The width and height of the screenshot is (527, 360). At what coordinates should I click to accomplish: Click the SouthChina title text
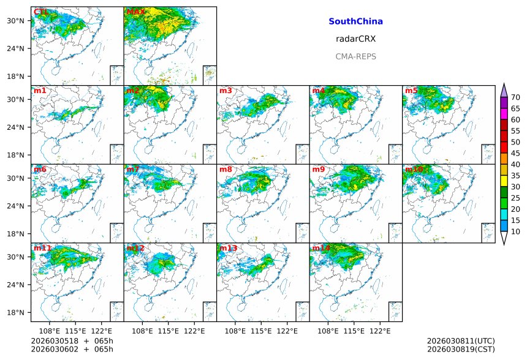click(355, 21)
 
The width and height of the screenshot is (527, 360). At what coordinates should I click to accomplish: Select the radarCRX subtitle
click(355, 39)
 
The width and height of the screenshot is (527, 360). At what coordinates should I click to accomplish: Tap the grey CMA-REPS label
click(355, 56)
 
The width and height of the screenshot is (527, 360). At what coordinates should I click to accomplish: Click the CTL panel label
click(40, 12)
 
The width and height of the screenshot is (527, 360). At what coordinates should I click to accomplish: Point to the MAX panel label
click(135, 12)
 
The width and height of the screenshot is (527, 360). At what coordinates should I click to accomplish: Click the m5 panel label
click(411, 91)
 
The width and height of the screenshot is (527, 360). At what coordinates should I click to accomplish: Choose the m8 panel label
click(226, 169)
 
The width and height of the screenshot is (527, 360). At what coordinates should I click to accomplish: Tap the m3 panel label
click(226, 91)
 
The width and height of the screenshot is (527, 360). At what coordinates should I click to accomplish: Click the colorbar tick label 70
click(515, 97)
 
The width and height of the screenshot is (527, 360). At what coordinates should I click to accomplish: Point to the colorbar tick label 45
click(515, 154)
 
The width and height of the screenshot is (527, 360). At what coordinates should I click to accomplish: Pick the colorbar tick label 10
click(515, 231)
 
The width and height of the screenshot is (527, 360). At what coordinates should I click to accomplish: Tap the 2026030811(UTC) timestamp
click(460, 341)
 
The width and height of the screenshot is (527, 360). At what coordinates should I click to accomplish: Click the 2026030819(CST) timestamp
click(460, 349)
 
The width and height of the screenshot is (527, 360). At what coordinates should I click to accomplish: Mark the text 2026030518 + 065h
click(68, 341)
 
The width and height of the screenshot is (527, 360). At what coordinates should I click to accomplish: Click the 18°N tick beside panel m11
click(20, 313)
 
